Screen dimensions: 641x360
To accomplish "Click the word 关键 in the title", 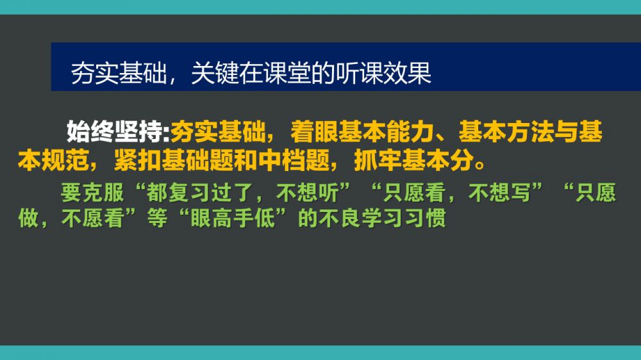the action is tap(215, 74).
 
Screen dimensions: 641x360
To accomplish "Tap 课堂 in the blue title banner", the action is tap(287, 74).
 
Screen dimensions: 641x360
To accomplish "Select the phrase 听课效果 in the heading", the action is tap(383, 74).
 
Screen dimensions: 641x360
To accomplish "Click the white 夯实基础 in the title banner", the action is tap(119, 74).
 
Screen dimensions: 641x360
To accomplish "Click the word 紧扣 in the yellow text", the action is tap(138, 160).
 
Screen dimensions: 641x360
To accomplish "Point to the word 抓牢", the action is tap(378, 160).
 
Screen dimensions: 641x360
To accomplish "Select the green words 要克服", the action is tap(92, 192).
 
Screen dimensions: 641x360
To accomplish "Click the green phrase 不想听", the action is tap(308, 192).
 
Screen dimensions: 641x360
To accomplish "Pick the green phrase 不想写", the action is tap(499, 192).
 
